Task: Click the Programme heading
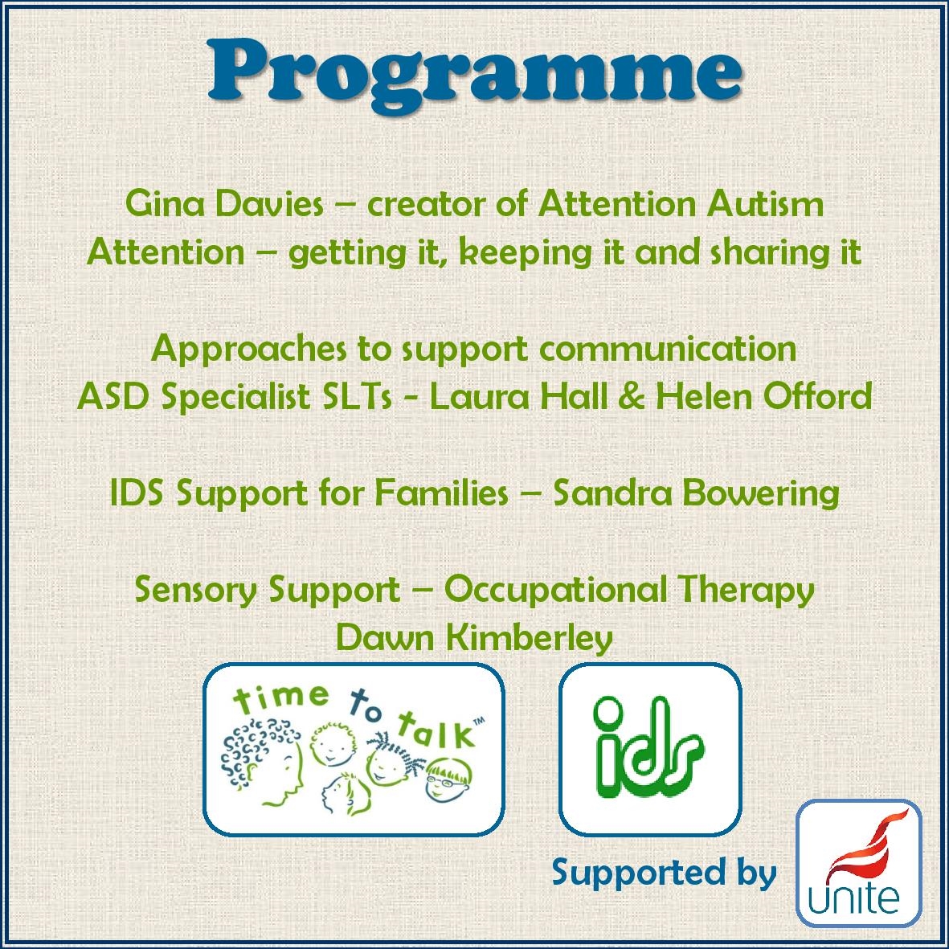(474, 75)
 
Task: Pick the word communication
(668, 350)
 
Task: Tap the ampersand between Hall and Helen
(632, 397)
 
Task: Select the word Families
(441, 493)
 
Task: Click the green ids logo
(650, 749)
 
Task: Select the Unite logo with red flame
(858, 864)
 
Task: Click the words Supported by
(664, 873)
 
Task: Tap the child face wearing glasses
(448, 780)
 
